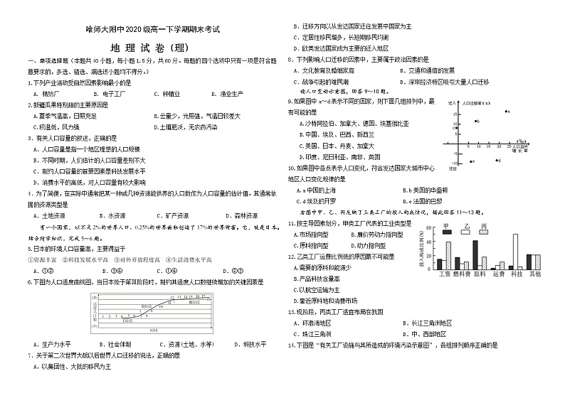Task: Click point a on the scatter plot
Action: pos(507,112)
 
